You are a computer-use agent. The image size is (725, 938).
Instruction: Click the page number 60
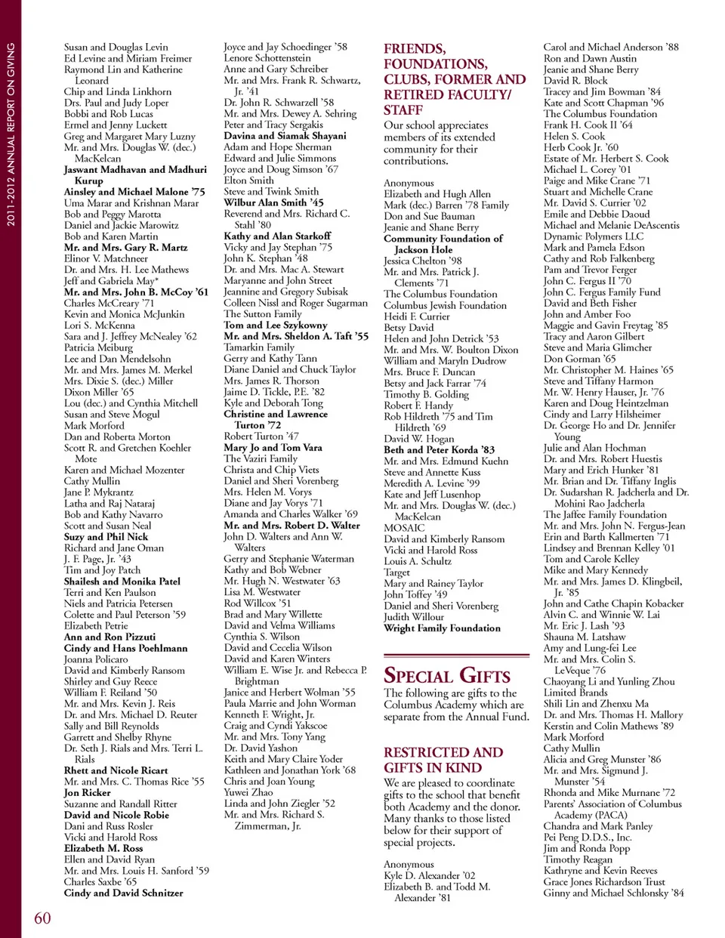click(42, 918)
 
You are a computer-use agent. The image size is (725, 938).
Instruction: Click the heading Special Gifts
click(446, 675)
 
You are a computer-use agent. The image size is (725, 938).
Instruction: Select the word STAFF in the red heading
click(403, 110)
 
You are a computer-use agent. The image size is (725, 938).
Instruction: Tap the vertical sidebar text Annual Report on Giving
click(11, 134)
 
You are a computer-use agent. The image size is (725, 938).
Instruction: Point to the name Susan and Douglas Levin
click(116, 47)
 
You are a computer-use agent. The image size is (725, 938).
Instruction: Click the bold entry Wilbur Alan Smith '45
click(273, 202)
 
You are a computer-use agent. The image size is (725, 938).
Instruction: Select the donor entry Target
click(396, 572)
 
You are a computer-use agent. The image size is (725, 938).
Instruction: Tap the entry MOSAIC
click(404, 528)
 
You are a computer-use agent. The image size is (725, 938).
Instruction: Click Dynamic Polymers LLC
click(593, 236)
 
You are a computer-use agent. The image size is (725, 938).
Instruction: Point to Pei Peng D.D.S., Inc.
click(587, 837)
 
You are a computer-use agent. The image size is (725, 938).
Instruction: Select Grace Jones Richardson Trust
click(604, 881)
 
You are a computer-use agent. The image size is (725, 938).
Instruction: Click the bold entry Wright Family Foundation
click(442, 628)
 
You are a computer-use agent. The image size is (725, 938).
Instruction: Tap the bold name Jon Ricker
click(87, 793)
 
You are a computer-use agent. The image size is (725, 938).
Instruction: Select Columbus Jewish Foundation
click(445, 306)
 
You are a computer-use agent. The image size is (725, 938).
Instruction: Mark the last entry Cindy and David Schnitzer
click(123, 893)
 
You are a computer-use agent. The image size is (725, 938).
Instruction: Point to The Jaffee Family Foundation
click(605, 514)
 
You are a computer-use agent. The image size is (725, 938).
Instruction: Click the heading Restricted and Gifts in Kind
click(443, 760)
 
